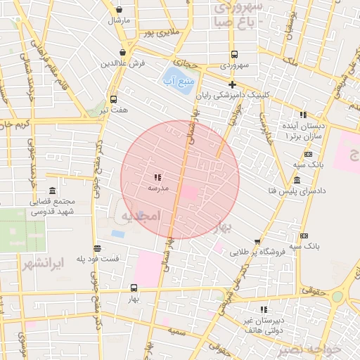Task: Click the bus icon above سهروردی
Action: pyautogui.click(x=234, y=54)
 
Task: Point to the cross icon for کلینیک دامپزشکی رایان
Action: pyautogui.click(x=232, y=84)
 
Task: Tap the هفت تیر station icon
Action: pyautogui.click(x=114, y=99)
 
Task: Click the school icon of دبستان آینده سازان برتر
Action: pyautogui.click(x=303, y=115)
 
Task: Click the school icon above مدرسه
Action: pyautogui.click(x=157, y=177)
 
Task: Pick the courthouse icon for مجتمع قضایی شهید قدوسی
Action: pyautogui.click(x=53, y=191)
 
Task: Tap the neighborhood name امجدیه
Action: pyautogui.click(x=141, y=214)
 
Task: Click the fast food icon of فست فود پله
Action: pyautogui.click(x=97, y=248)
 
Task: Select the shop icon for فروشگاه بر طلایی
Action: pyautogui.click(x=257, y=241)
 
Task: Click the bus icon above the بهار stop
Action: pyautogui.click(x=134, y=288)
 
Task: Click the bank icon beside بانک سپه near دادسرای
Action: pyautogui.click(x=309, y=154)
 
